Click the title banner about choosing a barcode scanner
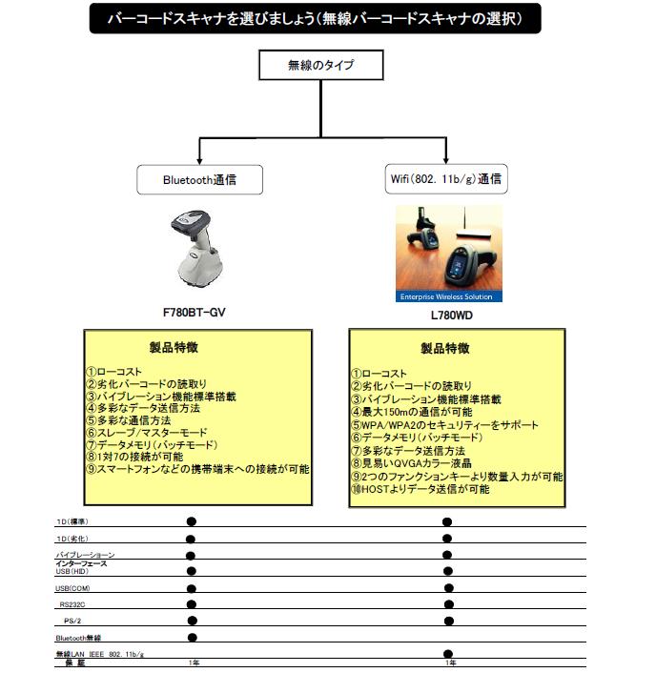(315, 18)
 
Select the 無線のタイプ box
(321, 65)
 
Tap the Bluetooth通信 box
(199, 178)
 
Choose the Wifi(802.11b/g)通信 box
(446, 178)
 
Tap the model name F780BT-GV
(194, 312)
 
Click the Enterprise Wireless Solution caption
(449, 297)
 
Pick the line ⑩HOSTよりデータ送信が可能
(420, 489)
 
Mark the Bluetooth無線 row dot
(192, 637)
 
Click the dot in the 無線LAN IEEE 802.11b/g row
(447, 654)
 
